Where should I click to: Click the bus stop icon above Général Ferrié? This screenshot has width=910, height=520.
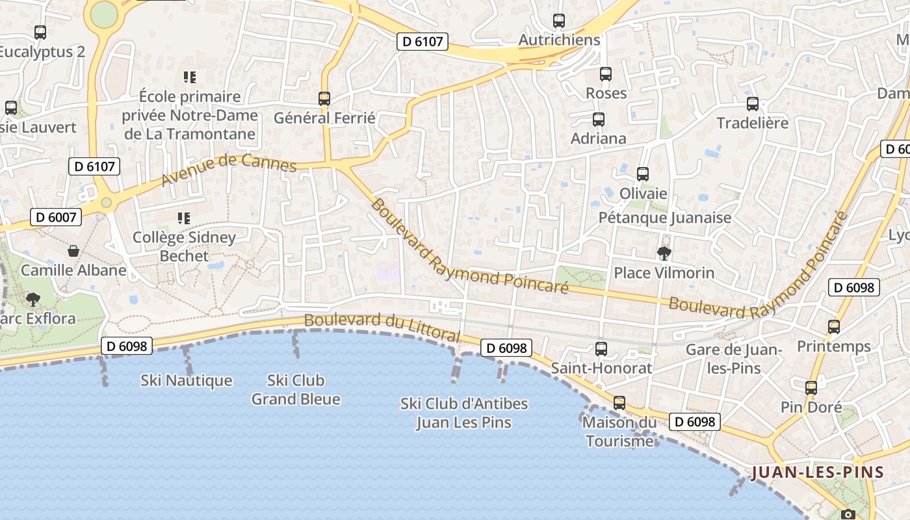point(324,99)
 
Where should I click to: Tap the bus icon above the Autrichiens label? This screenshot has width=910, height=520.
point(558,21)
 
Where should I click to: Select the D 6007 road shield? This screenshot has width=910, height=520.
point(55,217)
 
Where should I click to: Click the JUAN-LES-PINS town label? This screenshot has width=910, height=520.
point(818,473)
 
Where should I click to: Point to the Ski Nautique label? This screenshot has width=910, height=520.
point(187,380)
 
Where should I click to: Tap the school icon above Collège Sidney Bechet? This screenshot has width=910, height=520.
point(184,218)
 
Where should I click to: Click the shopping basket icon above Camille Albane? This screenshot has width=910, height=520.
point(73,251)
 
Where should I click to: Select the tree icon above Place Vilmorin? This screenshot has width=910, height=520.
point(664,253)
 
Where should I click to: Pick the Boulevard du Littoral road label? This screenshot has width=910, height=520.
point(382,328)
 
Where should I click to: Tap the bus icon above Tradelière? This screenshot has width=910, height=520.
point(753,104)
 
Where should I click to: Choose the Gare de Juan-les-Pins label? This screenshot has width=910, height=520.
point(734,359)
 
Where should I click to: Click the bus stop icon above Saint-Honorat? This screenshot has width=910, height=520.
point(601,349)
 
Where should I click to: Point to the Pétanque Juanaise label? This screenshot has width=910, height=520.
point(665,218)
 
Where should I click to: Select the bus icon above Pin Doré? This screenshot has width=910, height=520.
point(811,388)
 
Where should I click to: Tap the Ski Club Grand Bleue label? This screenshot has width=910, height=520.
point(296,389)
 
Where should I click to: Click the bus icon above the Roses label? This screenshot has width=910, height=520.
point(606,74)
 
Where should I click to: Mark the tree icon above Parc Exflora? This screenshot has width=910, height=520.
point(32,300)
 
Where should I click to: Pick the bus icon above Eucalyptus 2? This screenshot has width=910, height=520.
point(40,32)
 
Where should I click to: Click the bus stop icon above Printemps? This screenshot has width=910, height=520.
point(834,327)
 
